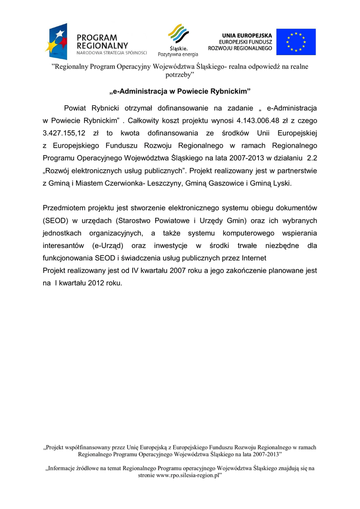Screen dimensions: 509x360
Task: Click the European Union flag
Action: [x=296, y=42]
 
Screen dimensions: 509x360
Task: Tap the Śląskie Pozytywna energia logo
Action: [x=178, y=40]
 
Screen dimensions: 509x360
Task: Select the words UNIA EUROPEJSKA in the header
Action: [x=247, y=35]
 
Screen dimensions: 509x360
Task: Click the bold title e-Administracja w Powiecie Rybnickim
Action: [x=180, y=91]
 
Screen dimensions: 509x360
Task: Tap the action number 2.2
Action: [x=312, y=159]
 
